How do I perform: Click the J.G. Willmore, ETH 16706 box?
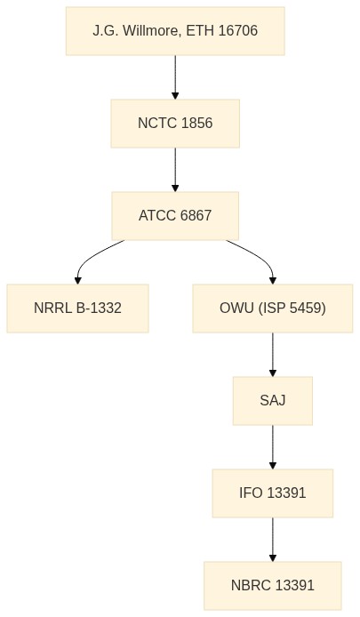(x=175, y=31)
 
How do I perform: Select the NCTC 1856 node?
(x=175, y=124)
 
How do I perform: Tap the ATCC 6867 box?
(x=175, y=216)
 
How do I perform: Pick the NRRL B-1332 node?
(x=78, y=308)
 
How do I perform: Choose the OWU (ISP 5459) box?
(x=273, y=308)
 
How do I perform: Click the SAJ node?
(x=273, y=401)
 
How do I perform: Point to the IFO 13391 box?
(x=273, y=493)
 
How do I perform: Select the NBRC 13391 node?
(x=273, y=586)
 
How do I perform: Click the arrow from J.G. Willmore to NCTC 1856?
(x=175, y=77)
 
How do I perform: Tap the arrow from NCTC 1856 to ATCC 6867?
(x=175, y=170)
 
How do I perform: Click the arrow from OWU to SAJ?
(x=273, y=355)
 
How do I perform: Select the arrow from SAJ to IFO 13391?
(x=273, y=447)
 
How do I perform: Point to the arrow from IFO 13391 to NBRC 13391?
(x=273, y=540)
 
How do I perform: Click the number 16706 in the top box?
(x=237, y=31)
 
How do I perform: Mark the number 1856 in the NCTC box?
(x=197, y=124)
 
